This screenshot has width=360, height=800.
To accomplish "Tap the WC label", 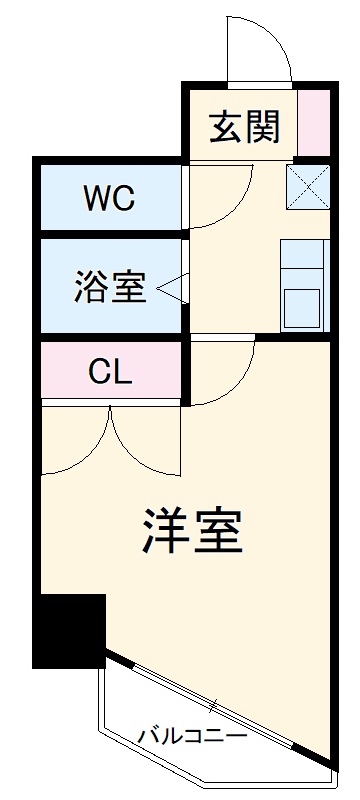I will [x=108, y=198].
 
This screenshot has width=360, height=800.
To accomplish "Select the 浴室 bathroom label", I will [x=110, y=288].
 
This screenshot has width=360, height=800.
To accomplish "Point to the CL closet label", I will [x=109, y=372].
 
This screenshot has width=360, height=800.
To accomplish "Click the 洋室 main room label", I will [x=192, y=531].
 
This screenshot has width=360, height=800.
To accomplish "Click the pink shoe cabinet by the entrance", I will [x=314, y=123].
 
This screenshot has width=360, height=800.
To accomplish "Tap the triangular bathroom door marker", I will [x=171, y=288].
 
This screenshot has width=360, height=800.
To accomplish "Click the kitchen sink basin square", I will [x=302, y=305].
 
